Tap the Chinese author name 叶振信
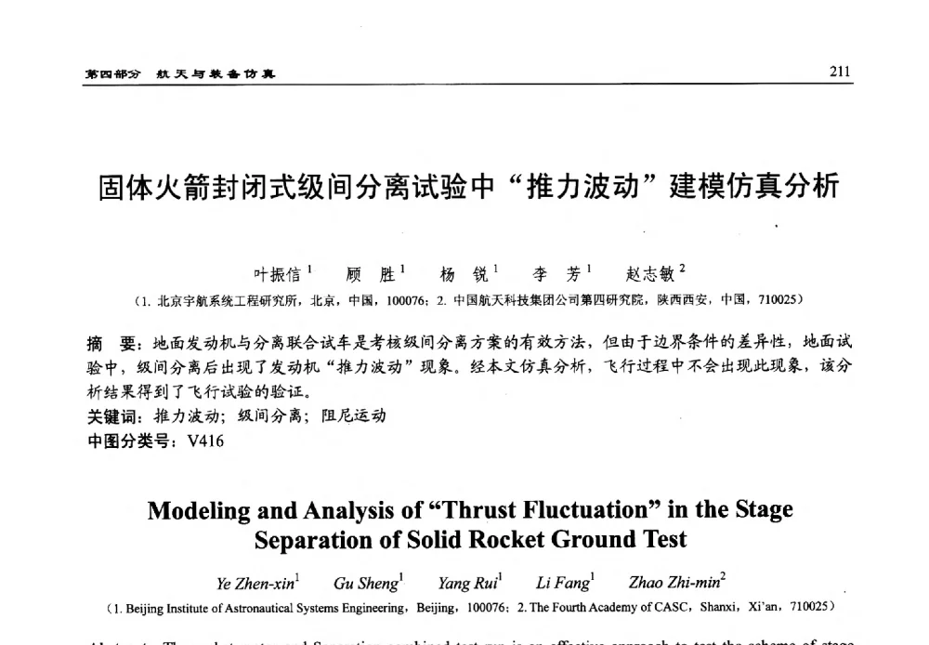click(277, 274)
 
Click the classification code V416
click(205, 441)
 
